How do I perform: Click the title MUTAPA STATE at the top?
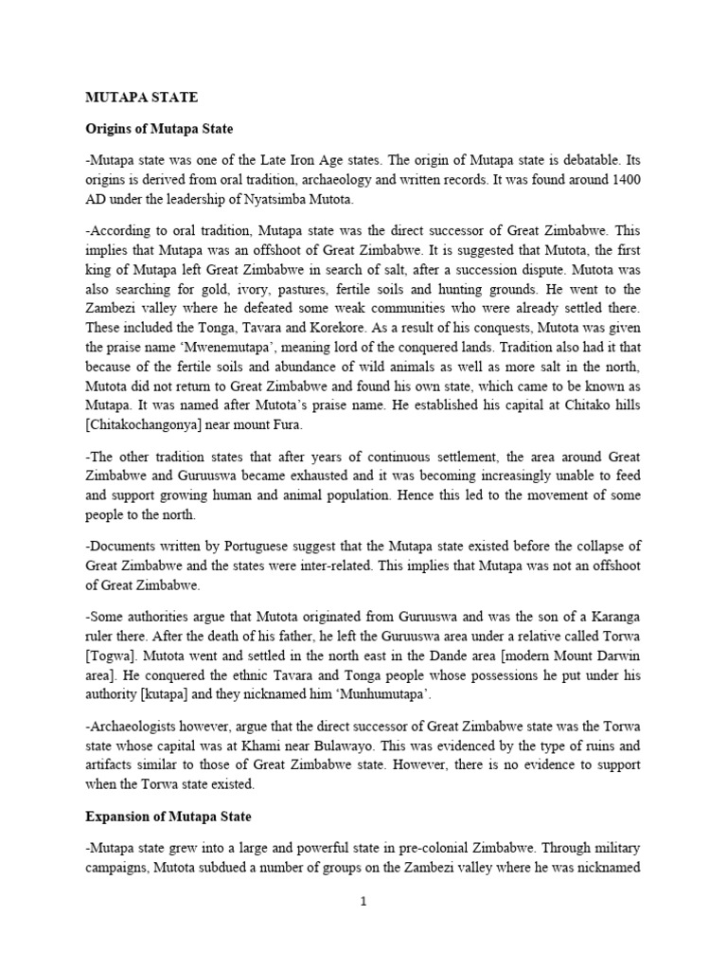click(142, 97)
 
